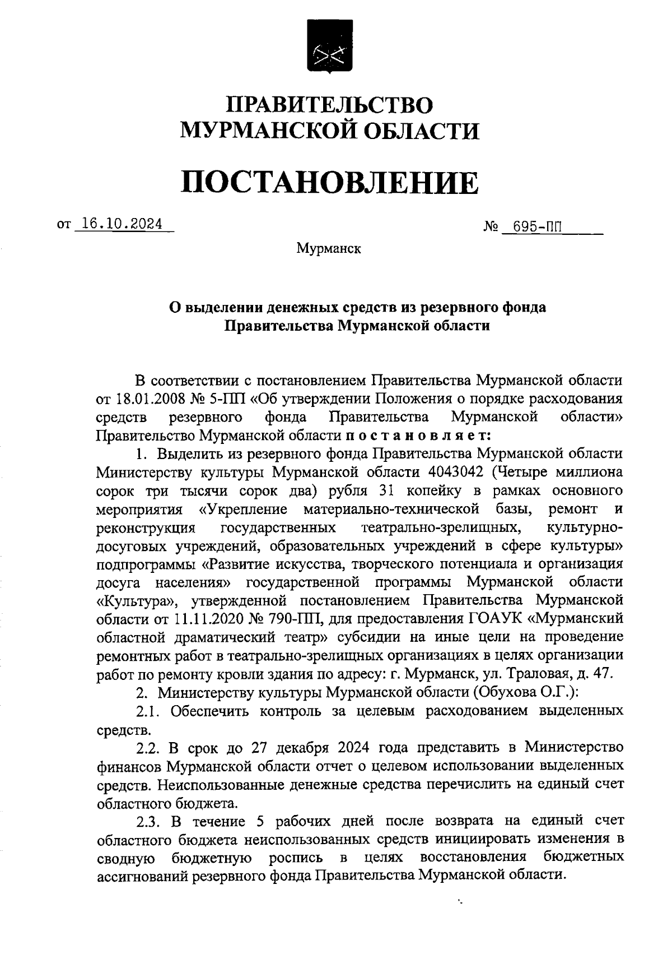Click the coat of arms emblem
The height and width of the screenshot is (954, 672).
329,52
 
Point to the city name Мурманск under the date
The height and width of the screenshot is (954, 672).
329,248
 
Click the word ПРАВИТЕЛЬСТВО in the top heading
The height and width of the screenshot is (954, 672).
329,105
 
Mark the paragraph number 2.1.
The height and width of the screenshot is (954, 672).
149,711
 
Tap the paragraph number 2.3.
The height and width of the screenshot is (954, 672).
149,821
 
